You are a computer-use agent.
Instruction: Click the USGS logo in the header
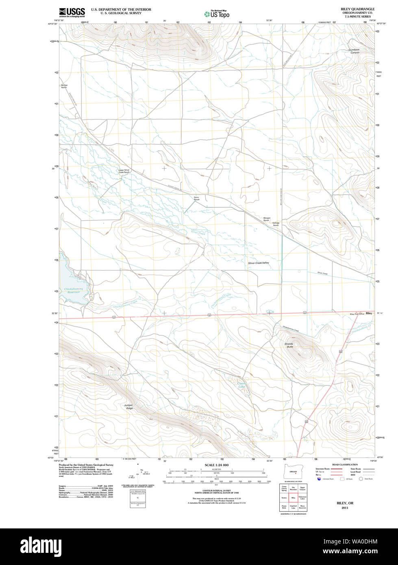click(72, 12)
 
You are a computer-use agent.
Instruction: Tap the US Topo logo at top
click(217, 14)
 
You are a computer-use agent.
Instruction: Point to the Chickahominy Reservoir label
click(73, 291)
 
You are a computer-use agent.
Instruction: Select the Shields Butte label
click(289, 345)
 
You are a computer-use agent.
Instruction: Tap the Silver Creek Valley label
click(259, 263)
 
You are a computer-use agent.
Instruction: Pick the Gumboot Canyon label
click(354, 51)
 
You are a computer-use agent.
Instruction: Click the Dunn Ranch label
click(196, 199)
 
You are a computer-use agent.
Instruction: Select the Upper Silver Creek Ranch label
click(124, 171)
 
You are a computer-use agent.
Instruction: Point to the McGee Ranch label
click(64, 86)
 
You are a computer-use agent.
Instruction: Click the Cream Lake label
click(241, 385)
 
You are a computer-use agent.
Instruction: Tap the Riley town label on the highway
click(369, 313)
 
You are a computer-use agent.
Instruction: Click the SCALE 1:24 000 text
click(216, 465)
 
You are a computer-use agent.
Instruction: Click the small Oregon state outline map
click(293, 472)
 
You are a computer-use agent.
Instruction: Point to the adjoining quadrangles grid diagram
click(293, 498)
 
